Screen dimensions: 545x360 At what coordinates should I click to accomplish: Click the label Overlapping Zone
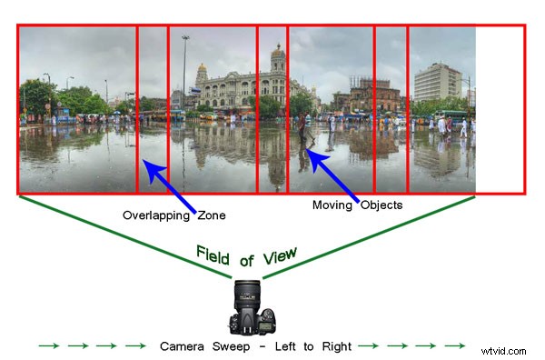[174, 215]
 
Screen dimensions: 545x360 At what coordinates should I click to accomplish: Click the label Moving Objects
[358, 205]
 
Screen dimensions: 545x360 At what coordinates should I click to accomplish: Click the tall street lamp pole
[185, 73]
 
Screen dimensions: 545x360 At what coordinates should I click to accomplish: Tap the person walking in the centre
[302, 128]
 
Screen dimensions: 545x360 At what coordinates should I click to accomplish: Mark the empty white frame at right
[500, 109]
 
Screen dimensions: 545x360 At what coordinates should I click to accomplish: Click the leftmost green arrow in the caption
[48, 346]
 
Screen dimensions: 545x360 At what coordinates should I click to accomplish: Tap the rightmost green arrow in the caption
[454, 346]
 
